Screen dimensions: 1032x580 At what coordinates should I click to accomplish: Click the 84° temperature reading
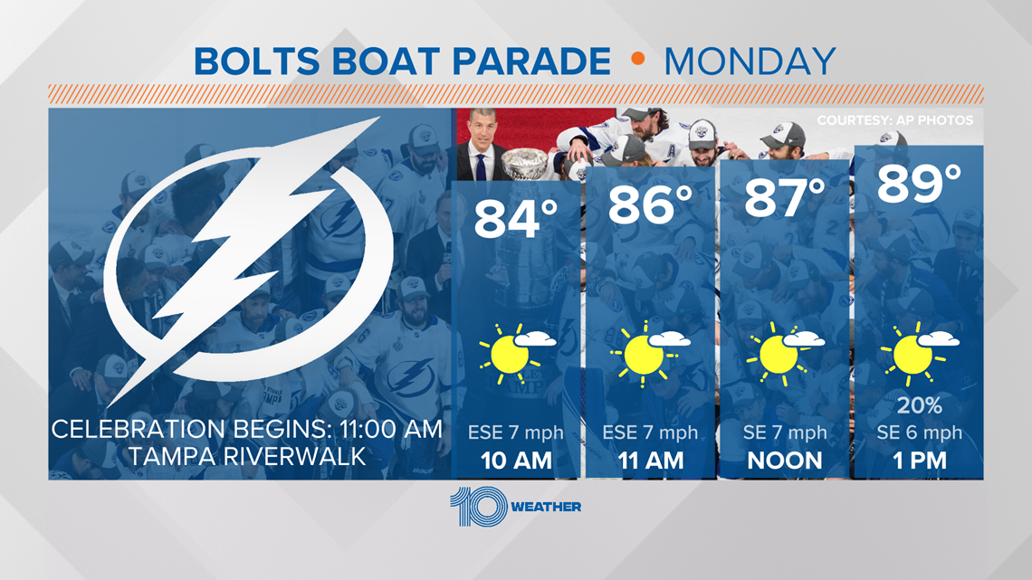pos(515,218)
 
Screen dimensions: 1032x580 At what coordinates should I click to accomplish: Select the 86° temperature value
pos(650,204)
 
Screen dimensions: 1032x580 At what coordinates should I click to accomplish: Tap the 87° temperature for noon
pos(785,197)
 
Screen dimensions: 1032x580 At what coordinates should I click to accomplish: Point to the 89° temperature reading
pos(920,184)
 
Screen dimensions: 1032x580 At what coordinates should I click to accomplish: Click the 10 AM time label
pos(516,461)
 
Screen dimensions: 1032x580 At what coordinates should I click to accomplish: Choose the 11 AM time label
pos(651,461)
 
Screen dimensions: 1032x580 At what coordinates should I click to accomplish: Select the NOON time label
pos(785,461)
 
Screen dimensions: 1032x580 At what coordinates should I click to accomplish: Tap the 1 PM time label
pos(920,461)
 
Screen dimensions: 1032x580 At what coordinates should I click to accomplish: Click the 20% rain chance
pos(920,405)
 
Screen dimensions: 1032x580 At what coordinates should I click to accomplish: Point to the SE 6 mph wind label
pos(920,433)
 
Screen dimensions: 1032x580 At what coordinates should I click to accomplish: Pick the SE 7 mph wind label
pos(785,433)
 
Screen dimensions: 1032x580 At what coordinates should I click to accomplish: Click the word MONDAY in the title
pos(750,62)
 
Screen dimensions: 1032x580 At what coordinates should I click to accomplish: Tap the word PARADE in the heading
pos(531,62)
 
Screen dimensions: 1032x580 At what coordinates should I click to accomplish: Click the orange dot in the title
pos(637,59)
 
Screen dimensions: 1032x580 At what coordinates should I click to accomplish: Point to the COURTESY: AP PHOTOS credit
pos(895,120)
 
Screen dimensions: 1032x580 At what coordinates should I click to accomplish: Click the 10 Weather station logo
pos(515,507)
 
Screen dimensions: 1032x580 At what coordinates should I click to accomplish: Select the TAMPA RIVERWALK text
pos(247,456)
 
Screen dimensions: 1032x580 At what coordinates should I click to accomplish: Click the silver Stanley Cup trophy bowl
pos(524,162)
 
